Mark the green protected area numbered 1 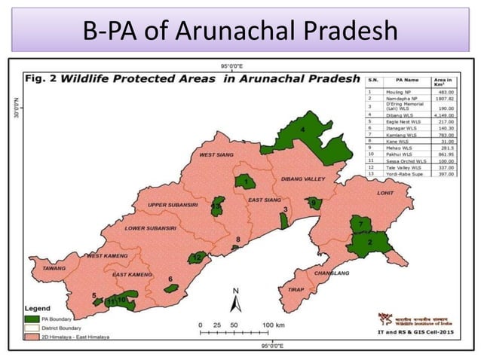(x=245, y=182)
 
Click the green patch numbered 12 (x=198, y=258)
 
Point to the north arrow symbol (x=234, y=301)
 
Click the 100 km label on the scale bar (x=274, y=325)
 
